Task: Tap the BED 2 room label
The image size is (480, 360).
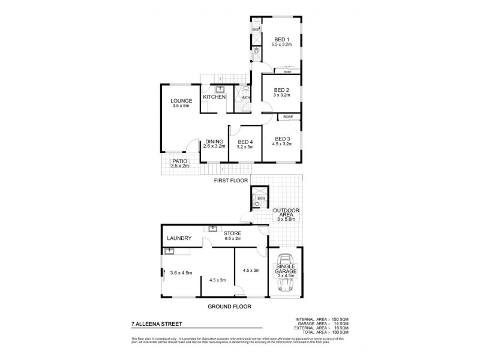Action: tap(281, 91)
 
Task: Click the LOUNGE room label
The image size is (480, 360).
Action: tap(180, 101)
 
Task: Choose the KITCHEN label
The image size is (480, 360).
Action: tap(214, 97)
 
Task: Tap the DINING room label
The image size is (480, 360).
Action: tap(214, 142)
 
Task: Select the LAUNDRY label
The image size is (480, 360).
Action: tap(179, 239)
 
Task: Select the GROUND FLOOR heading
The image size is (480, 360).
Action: tap(229, 306)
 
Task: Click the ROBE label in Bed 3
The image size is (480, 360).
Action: tap(280, 117)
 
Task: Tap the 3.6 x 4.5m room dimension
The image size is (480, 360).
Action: tap(181, 273)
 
